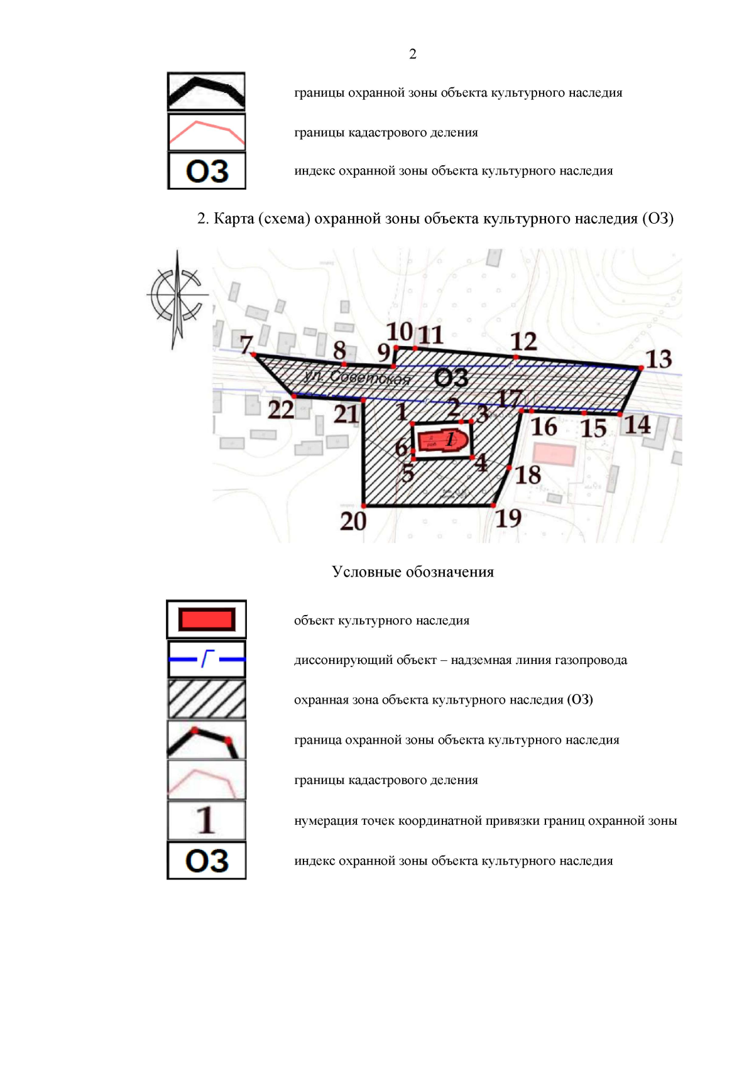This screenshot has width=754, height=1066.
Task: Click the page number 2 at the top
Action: point(412,54)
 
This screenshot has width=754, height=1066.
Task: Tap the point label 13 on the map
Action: point(659,359)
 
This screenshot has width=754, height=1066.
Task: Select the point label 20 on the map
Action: point(353,521)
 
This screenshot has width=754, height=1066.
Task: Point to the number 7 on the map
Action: point(246,344)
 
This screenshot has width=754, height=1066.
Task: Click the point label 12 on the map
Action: point(523,342)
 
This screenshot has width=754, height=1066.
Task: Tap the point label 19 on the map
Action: point(509,518)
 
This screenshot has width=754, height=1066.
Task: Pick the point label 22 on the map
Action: point(281,410)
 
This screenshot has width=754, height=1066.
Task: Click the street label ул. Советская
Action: point(356,377)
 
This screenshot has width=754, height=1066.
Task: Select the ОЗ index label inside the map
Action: point(451,378)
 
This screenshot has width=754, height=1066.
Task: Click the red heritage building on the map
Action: point(442,439)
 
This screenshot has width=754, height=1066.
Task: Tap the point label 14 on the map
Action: point(637,425)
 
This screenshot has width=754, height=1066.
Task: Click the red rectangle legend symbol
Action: point(206,619)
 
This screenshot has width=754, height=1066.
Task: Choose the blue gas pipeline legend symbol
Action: point(206,659)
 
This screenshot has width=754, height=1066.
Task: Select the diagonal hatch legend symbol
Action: point(206,699)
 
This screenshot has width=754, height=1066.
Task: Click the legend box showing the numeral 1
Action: point(206,820)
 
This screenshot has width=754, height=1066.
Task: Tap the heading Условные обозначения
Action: point(413,572)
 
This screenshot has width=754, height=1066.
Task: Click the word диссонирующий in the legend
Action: point(334,660)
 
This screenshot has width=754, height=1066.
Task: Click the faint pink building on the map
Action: point(554,454)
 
